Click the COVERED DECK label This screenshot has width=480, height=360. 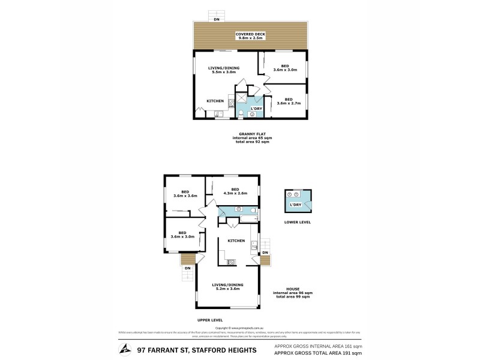click(250, 34)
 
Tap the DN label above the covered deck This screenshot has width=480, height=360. click(217, 20)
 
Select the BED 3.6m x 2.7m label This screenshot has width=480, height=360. click(289, 101)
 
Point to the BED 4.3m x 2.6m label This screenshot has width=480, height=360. click(235, 191)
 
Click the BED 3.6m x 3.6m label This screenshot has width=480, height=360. click(185, 194)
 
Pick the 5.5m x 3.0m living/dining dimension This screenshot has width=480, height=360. click(221, 73)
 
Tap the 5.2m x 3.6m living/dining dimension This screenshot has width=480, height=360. click(227, 289)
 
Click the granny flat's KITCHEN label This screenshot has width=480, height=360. click(215, 101)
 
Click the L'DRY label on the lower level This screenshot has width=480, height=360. click(295, 205)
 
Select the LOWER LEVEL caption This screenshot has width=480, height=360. click(298, 222)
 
